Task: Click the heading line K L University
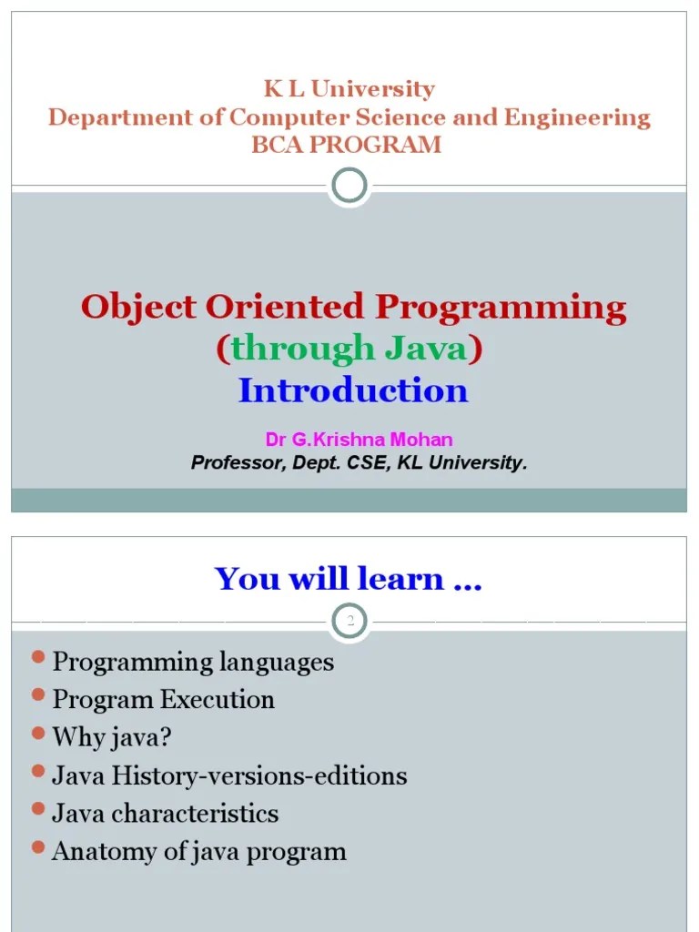[349, 89]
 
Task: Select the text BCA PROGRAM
[346, 145]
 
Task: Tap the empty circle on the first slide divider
[349, 187]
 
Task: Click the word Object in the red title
[138, 308]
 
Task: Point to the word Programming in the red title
[501, 308]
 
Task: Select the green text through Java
[349, 349]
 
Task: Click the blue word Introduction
[352, 390]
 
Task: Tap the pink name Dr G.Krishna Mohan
[359, 440]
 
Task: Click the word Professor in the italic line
[229, 463]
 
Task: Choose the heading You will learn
[348, 579]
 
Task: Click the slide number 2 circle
[349, 622]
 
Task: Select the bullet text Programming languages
[193, 662]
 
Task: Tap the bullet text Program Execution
[163, 700]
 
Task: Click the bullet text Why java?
[112, 737]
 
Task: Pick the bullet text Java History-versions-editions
[229, 775]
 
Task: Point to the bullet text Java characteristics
[165, 813]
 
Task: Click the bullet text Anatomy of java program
[199, 851]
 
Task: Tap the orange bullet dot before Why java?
[37, 733]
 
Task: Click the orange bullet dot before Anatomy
[37, 846]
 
